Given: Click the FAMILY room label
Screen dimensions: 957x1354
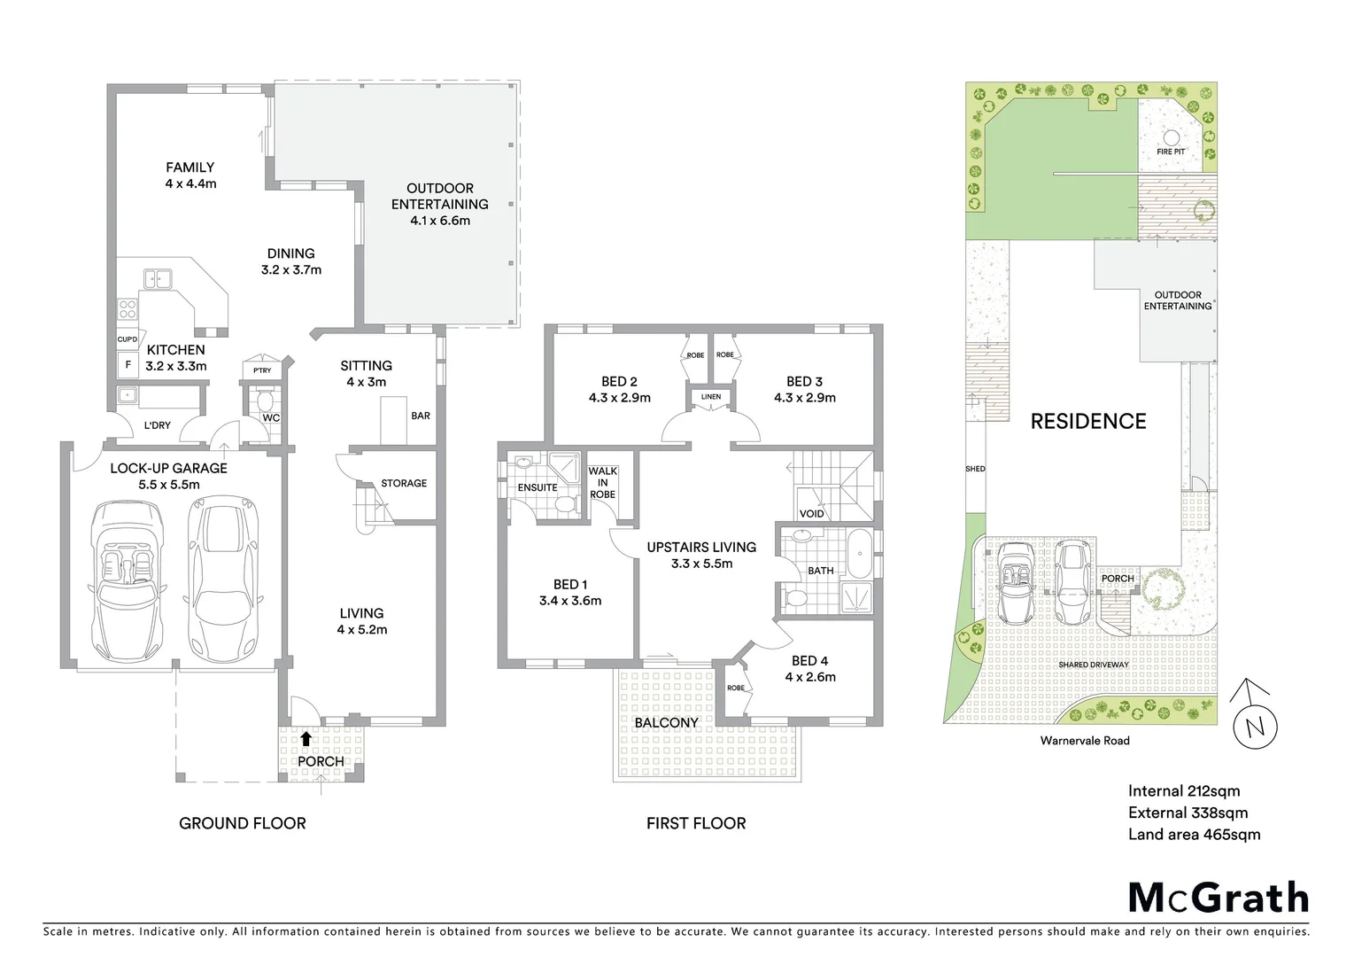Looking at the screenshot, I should pos(190,167).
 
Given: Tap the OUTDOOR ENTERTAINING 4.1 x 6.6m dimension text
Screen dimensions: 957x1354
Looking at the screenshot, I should pos(440,221).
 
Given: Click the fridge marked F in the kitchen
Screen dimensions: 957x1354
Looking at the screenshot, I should pos(127,364).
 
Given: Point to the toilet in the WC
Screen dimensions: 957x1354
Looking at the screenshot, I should pos(263,398).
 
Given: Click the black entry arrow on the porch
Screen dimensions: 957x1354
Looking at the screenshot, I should pos(306,738).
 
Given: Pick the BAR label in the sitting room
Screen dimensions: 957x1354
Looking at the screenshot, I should pos(421,416).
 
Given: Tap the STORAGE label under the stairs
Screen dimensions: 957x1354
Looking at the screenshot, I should pos(404,484).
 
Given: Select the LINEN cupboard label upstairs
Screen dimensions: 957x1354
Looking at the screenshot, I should pos(711,397).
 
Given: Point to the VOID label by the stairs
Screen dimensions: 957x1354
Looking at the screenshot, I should pos(811,514).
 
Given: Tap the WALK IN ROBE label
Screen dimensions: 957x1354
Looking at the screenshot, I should pos(602,483).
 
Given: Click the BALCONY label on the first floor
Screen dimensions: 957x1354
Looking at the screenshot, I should pos(666,723).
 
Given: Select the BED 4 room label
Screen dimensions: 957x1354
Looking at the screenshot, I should pos(809,661).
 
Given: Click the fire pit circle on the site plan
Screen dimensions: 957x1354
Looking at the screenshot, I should pos(1171,137).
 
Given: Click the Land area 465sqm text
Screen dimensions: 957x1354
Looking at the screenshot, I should pos(1194,835).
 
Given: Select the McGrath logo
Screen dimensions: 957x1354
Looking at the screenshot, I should pos(1218,898).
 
